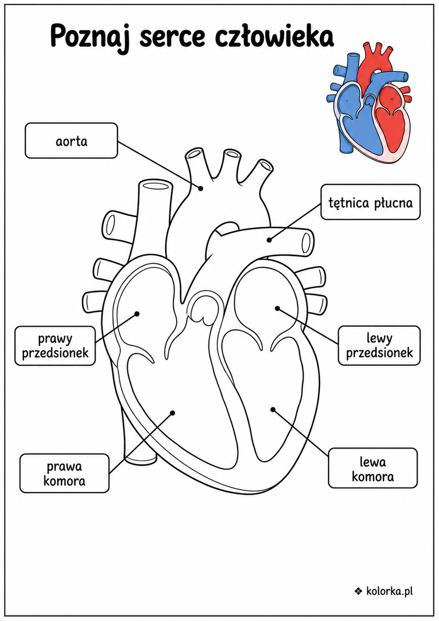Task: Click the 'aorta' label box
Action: coord(71,141)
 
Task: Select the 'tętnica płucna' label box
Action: coord(370,202)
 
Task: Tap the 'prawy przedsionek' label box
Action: coord(55,346)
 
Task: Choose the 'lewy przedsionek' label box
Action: coord(379,346)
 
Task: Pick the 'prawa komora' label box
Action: coord(64,474)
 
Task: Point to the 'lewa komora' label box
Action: coord(373,468)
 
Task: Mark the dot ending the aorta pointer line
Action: coord(201,188)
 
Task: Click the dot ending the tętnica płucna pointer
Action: coord(269,239)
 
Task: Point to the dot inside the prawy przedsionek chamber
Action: coord(137,314)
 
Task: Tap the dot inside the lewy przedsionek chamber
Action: coord(277,308)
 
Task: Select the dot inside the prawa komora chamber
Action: coord(172,413)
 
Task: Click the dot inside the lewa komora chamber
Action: coord(273,409)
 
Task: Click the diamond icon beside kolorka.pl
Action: coord(358,591)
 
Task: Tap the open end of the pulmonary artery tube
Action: coord(306,242)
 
